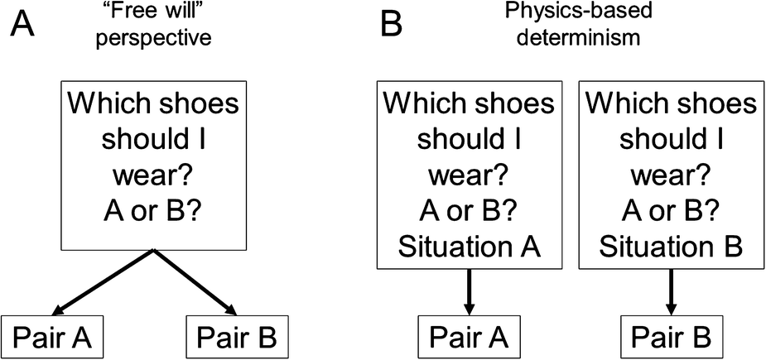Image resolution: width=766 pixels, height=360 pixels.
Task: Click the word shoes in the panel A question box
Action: [197, 105]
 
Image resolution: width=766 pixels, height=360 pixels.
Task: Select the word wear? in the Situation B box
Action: [669, 175]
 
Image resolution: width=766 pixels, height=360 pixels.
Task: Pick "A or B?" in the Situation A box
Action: [468, 211]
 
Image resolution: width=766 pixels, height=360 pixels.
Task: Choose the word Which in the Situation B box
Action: [627, 105]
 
